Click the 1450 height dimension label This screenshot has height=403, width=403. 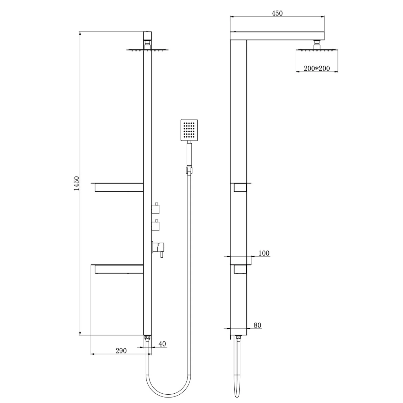pos(77,183)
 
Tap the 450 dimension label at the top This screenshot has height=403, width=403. pos(277,13)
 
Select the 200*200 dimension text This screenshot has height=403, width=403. pos(317,68)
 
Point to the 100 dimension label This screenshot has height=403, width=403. pos(264,253)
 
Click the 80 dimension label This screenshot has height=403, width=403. pos(257,325)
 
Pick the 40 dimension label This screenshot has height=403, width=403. pos(162,344)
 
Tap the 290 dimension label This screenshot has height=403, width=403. pos(121,351)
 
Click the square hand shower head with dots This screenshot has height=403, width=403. pos(189,130)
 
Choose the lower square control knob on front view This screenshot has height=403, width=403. pos(155,225)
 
